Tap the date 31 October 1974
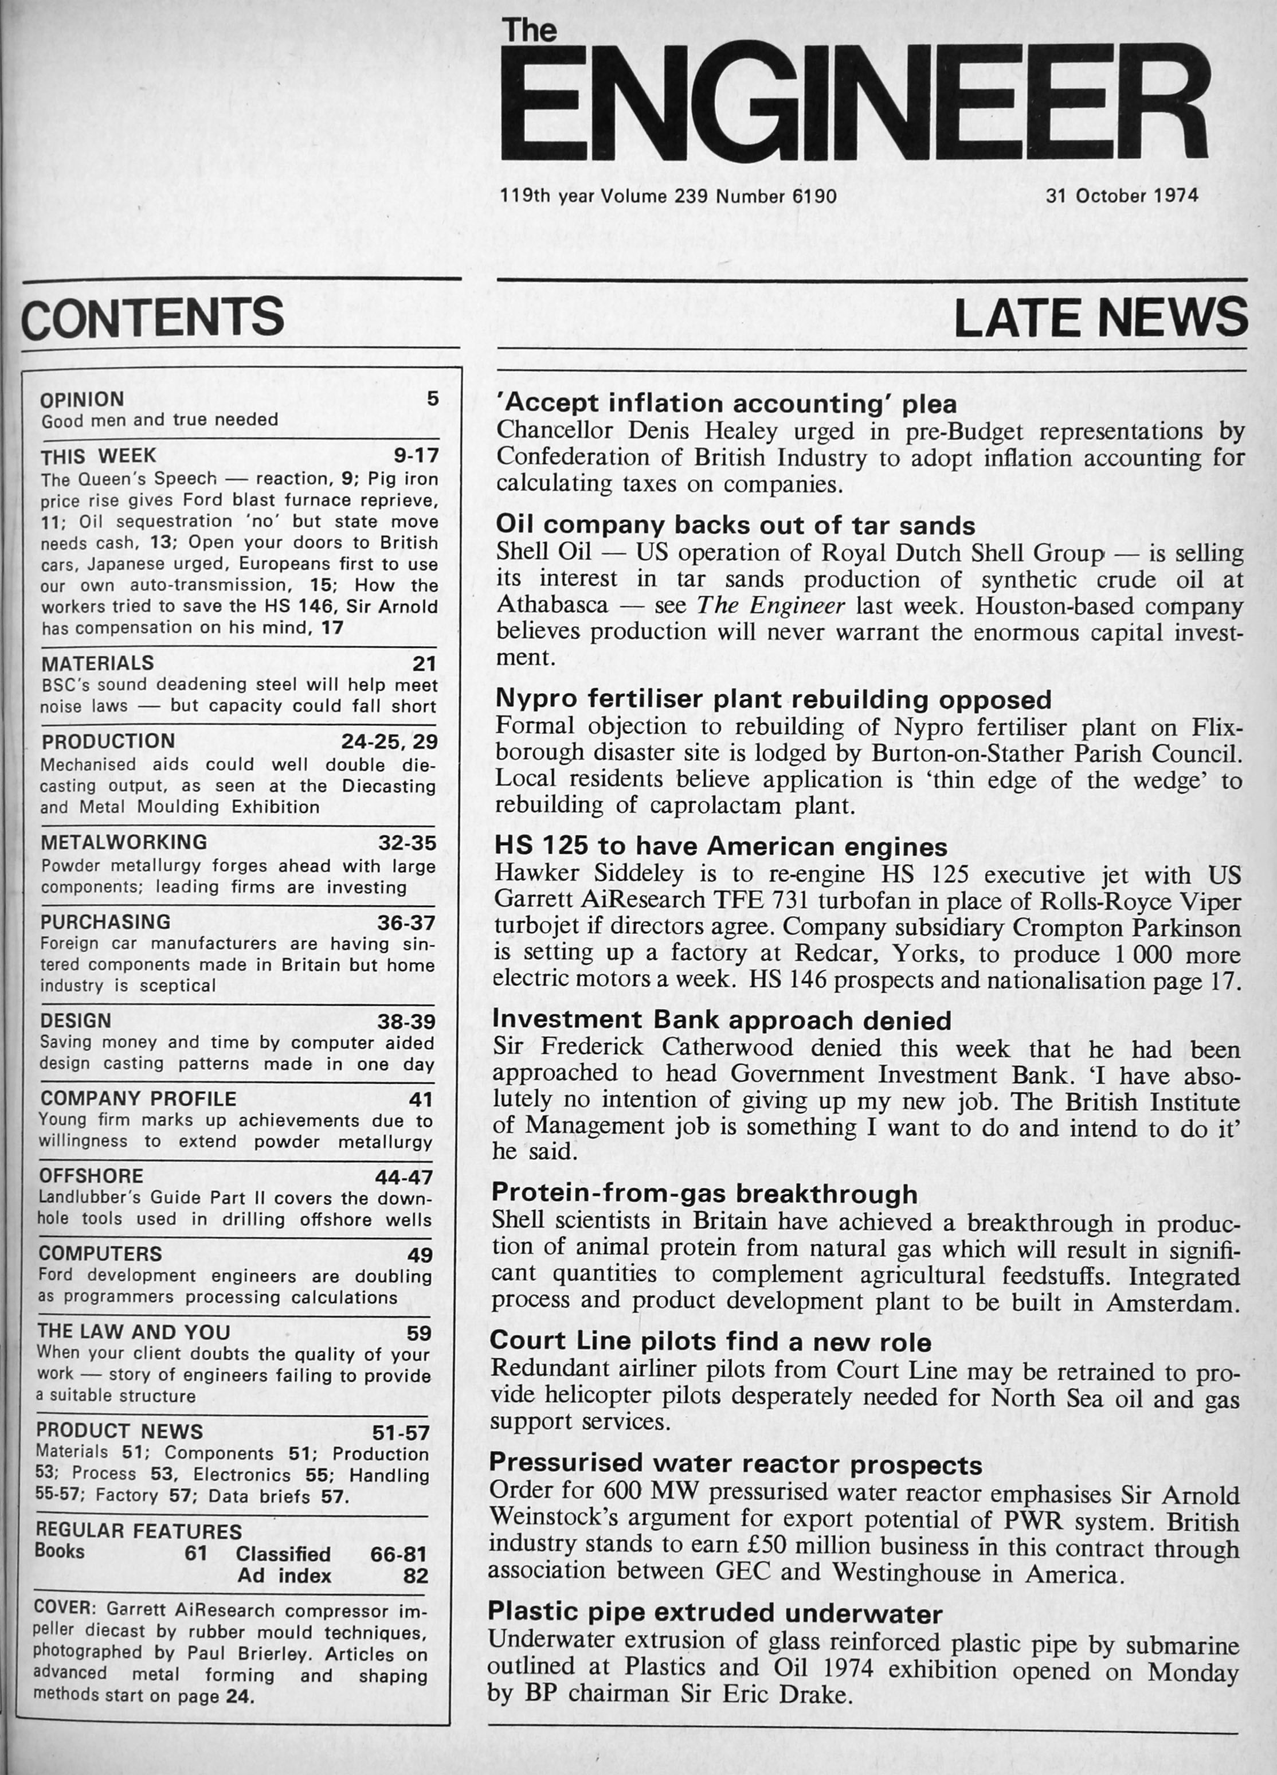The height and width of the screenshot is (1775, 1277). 1121,196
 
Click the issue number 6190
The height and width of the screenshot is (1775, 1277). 814,197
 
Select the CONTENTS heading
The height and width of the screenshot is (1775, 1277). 152,318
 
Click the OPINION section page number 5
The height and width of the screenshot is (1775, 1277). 433,399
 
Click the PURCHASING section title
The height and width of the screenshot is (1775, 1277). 105,922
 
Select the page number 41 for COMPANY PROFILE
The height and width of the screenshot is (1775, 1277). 420,1100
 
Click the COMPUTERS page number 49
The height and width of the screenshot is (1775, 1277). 420,1254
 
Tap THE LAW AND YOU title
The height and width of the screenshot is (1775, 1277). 133,1332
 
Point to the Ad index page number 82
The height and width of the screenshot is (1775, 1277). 416,1575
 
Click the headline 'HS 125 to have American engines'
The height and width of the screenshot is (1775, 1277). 720,847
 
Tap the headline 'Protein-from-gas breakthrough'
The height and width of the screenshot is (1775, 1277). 704,1194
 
